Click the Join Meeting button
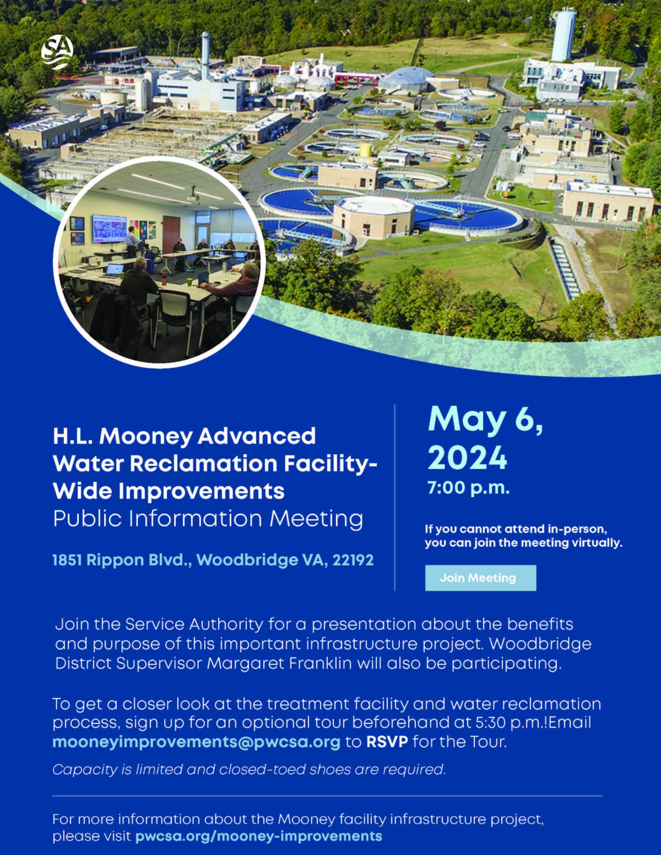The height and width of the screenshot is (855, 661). [480, 578]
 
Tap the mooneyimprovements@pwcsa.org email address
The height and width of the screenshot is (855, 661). [196, 742]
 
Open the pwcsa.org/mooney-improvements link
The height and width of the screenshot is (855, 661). [258, 836]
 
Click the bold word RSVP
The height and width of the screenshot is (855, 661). [387, 742]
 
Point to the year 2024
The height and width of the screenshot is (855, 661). [467, 458]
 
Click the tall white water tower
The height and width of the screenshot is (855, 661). [562, 35]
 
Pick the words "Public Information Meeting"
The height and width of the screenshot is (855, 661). [208, 519]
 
